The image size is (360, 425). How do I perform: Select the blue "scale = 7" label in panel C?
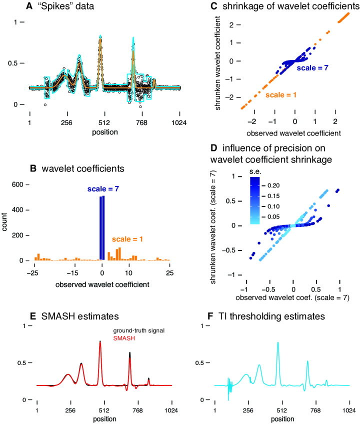click(x=312, y=66)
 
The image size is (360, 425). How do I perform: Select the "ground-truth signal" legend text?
click(x=138, y=331)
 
